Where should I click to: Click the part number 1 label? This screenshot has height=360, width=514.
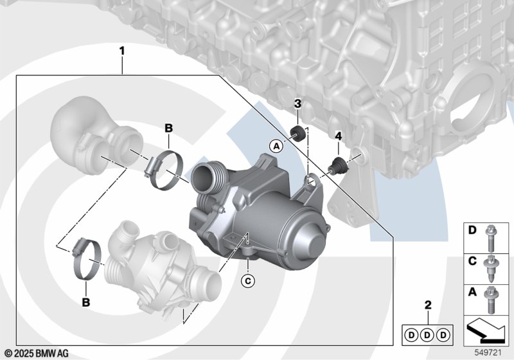pyautogui.click(x=122, y=50)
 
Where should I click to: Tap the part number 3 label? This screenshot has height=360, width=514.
pyautogui.click(x=298, y=104)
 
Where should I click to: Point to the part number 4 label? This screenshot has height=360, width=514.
pyautogui.click(x=339, y=136)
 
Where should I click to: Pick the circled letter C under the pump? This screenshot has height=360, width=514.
pyautogui.click(x=247, y=280)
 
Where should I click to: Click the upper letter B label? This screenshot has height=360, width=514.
pyautogui.click(x=168, y=129)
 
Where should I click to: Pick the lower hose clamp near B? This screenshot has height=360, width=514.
pyautogui.click(x=85, y=261)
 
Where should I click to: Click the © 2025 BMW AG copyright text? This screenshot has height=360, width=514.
pyautogui.click(x=37, y=353)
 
